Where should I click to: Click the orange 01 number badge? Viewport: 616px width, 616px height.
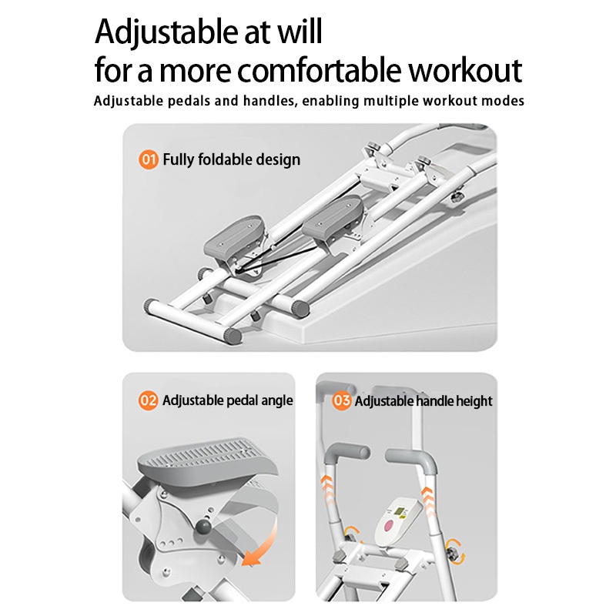(149, 160)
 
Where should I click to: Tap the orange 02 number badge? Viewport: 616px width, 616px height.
(149, 400)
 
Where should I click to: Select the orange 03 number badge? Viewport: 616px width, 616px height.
(341, 400)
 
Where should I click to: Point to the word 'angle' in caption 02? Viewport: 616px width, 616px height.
(277, 401)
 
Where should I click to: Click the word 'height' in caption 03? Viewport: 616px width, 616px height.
(474, 401)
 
